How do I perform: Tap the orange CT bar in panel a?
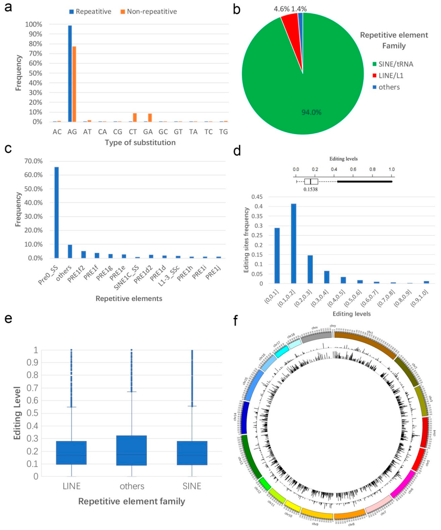[x=135, y=117]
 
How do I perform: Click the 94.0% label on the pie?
[x=311, y=112]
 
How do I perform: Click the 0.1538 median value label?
[x=310, y=189]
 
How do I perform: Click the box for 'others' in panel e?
[x=132, y=450]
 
